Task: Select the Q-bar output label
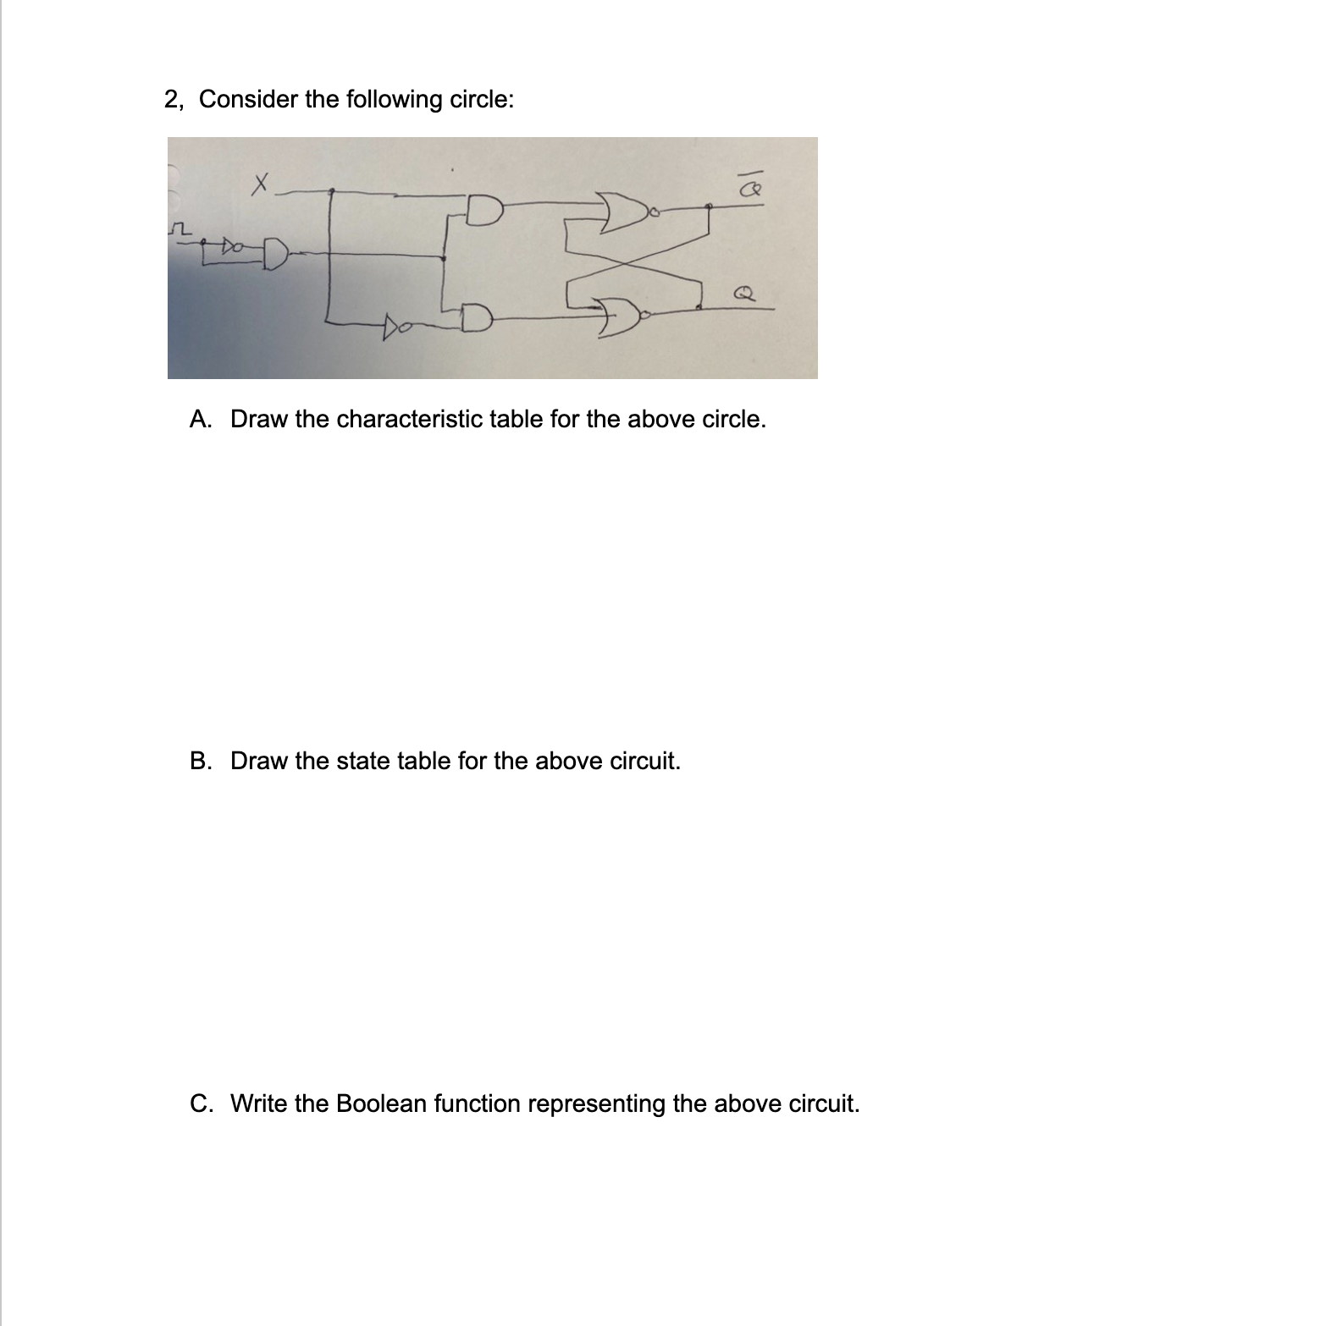(751, 191)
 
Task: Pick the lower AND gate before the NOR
(478, 317)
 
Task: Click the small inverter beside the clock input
(230, 246)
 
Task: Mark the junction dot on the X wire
(330, 190)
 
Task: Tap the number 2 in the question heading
(172, 99)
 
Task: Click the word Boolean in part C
(381, 1103)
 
